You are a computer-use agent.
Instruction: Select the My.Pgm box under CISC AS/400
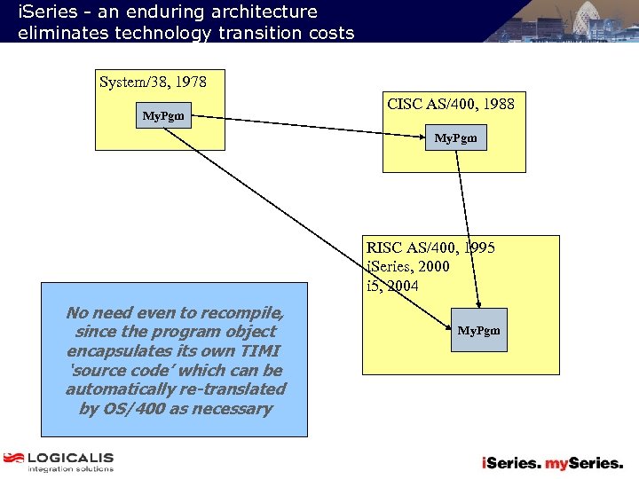(455, 137)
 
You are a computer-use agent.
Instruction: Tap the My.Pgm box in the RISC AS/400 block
(478, 330)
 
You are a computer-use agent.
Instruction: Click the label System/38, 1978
(153, 82)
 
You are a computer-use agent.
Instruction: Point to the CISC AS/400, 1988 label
(451, 104)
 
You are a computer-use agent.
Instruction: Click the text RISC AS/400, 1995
(430, 247)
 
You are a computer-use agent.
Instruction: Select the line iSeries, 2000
(408, 267)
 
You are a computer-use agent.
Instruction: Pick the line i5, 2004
(392, 287)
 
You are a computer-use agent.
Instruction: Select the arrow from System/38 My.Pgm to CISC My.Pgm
(311, 126)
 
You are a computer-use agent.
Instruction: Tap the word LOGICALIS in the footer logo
(70, 458)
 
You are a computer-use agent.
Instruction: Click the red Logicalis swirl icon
(13, 459)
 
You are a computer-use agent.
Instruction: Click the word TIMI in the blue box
(259, 351)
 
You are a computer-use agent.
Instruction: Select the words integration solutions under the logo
(70, 469)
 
